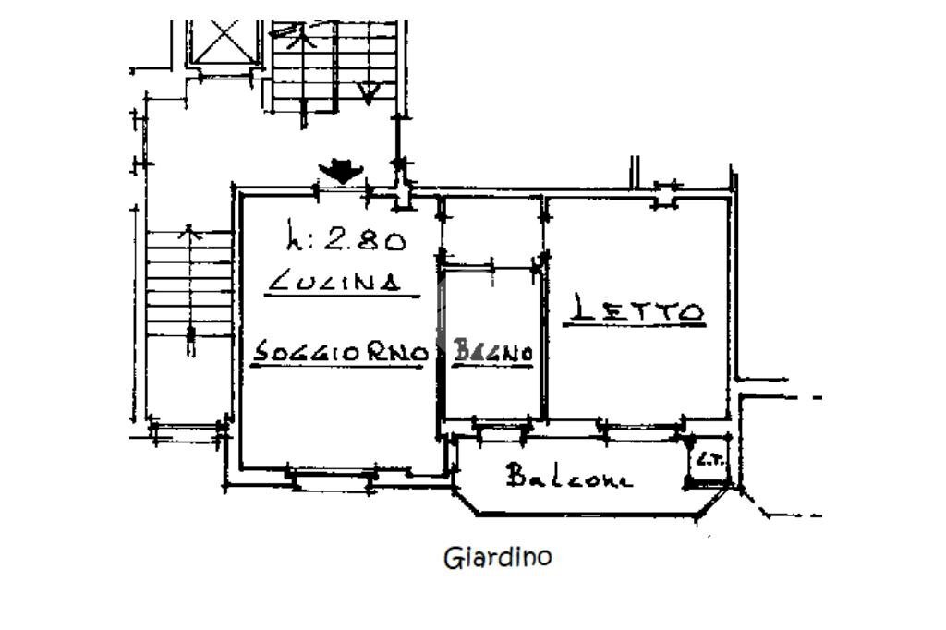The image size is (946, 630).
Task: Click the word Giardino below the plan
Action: pos(498,558)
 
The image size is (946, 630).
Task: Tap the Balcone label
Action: pos(569,477)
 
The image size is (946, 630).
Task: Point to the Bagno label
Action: pos(492,352)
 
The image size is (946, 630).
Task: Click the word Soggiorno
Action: pos(340,353)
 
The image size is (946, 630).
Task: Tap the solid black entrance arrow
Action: pos(341,170)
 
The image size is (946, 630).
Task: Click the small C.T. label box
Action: pos(709,460)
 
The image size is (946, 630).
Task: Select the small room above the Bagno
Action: pos(489,231)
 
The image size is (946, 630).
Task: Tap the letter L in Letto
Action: pos(580,309)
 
